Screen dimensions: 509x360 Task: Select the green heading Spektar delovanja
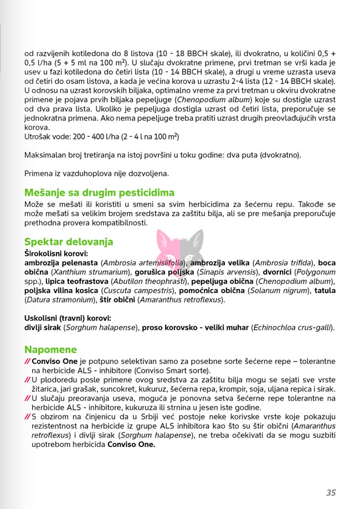click(x=69, y=241)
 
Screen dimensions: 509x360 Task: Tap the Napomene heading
click(x=50, y=349)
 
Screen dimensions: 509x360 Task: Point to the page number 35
click(x=331, y=492)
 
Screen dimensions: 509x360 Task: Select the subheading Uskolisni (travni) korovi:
click(x=68, y=318)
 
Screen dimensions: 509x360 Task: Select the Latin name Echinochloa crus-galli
click(x=292, y=327)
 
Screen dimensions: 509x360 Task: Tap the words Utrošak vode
click(x=47, y=136)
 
